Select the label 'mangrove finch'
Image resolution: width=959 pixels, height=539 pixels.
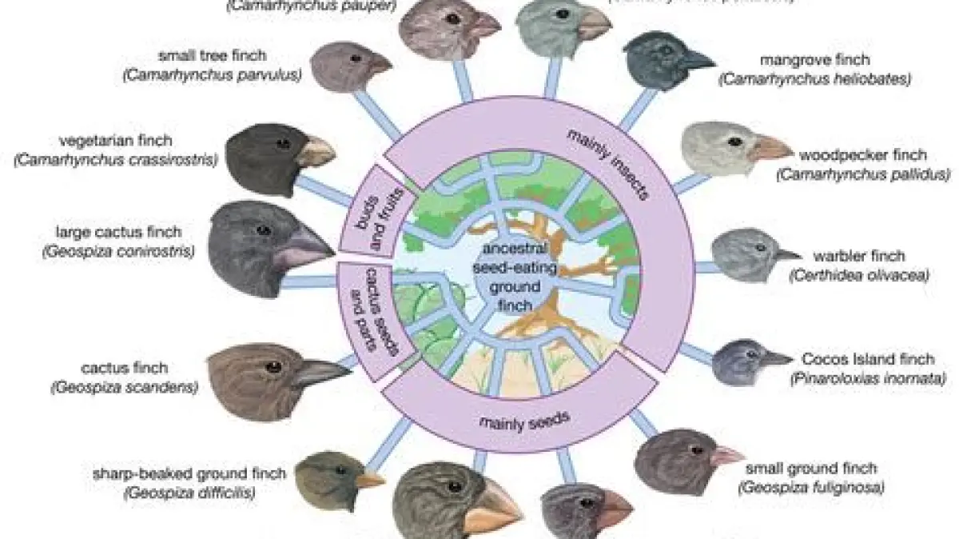[x=814, y=60]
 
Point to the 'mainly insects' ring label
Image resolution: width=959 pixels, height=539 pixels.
[x=611, y=163]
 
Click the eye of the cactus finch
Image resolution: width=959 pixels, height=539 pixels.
[x=274, y=366]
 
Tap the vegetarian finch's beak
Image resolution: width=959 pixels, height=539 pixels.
[x=316, y=150]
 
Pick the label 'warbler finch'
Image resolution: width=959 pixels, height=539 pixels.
[x=848, y=257]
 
